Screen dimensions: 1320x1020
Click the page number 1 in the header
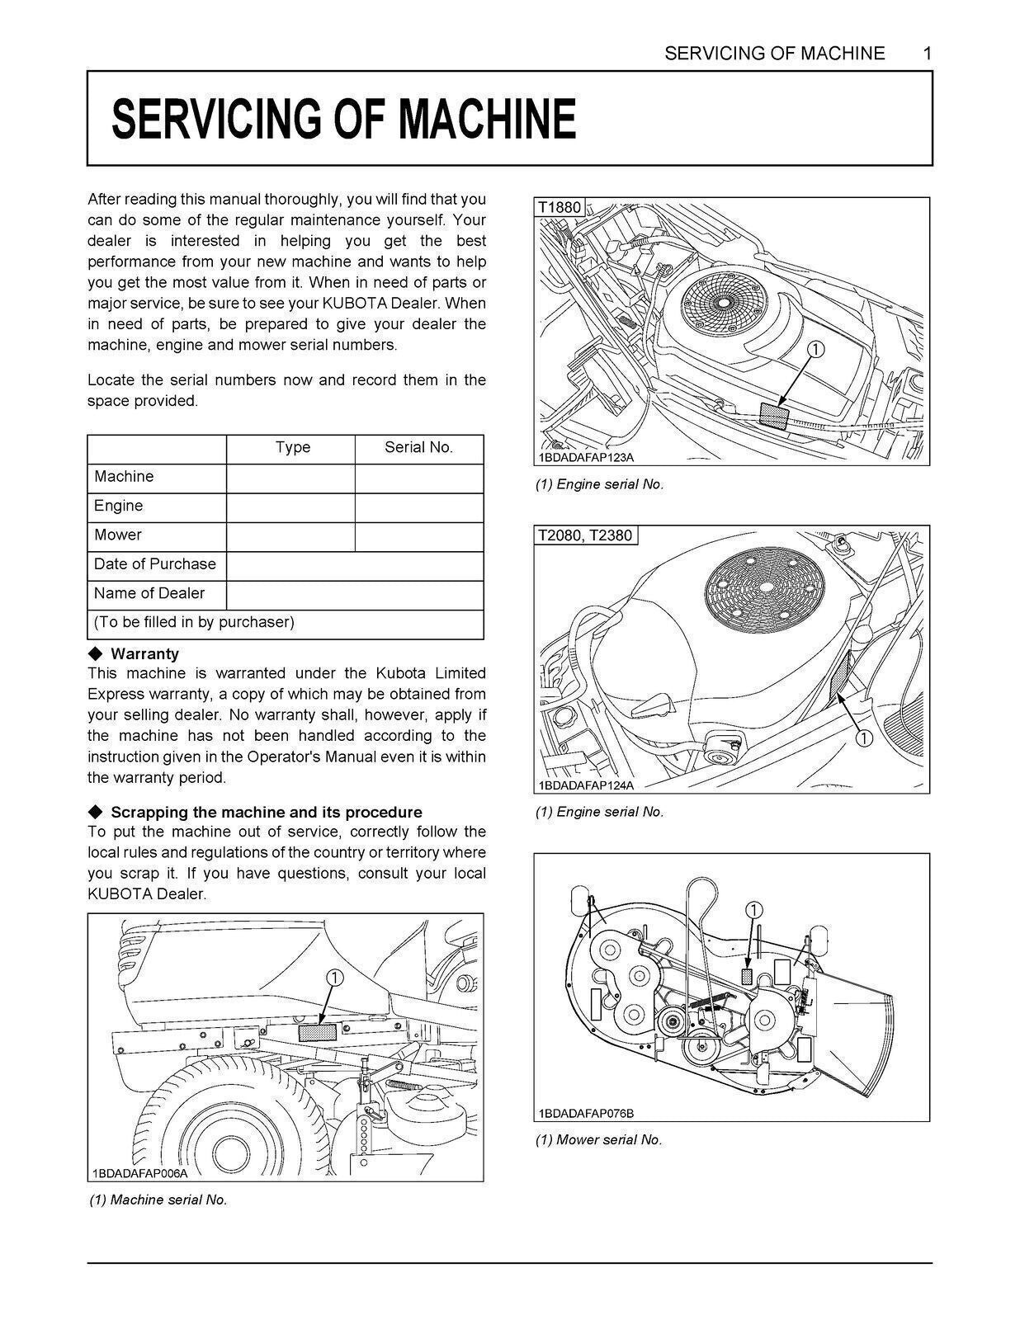927,54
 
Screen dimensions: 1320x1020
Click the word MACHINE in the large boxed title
486,119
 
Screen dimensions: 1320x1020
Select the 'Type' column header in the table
292,447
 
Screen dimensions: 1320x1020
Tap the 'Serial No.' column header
418,447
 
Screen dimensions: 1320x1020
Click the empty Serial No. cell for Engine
418,507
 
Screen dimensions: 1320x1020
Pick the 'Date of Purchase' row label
155,564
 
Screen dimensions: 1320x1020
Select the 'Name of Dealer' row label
149,593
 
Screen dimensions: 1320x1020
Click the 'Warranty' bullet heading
144,654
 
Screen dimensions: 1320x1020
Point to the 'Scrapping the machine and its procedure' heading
266,812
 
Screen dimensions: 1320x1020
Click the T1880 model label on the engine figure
560,207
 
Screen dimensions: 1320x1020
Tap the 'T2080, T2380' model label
585,535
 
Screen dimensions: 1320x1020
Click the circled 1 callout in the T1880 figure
814,350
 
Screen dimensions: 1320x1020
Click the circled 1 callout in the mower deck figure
753,910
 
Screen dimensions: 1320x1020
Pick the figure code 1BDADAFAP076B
587,1113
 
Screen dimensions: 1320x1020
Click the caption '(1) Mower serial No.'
598,1140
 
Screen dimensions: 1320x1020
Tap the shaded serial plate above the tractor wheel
317,1032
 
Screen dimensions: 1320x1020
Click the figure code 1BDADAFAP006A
140,1173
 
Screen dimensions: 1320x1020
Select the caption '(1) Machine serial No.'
158,1200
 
